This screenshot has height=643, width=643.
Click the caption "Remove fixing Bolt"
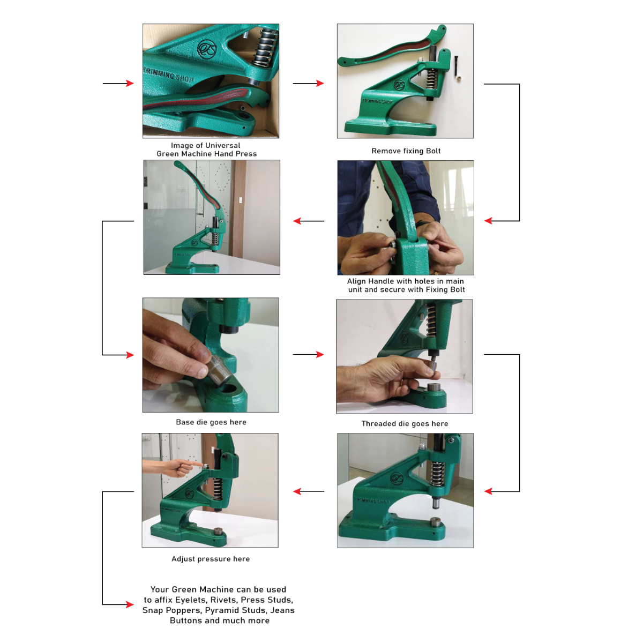pos(406,151)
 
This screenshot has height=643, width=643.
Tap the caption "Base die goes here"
pos(211,422)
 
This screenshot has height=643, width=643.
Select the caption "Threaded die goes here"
pos(405,424)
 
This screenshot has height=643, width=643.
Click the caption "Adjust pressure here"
pos(211,559)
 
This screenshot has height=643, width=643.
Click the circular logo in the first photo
pos(206,49)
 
